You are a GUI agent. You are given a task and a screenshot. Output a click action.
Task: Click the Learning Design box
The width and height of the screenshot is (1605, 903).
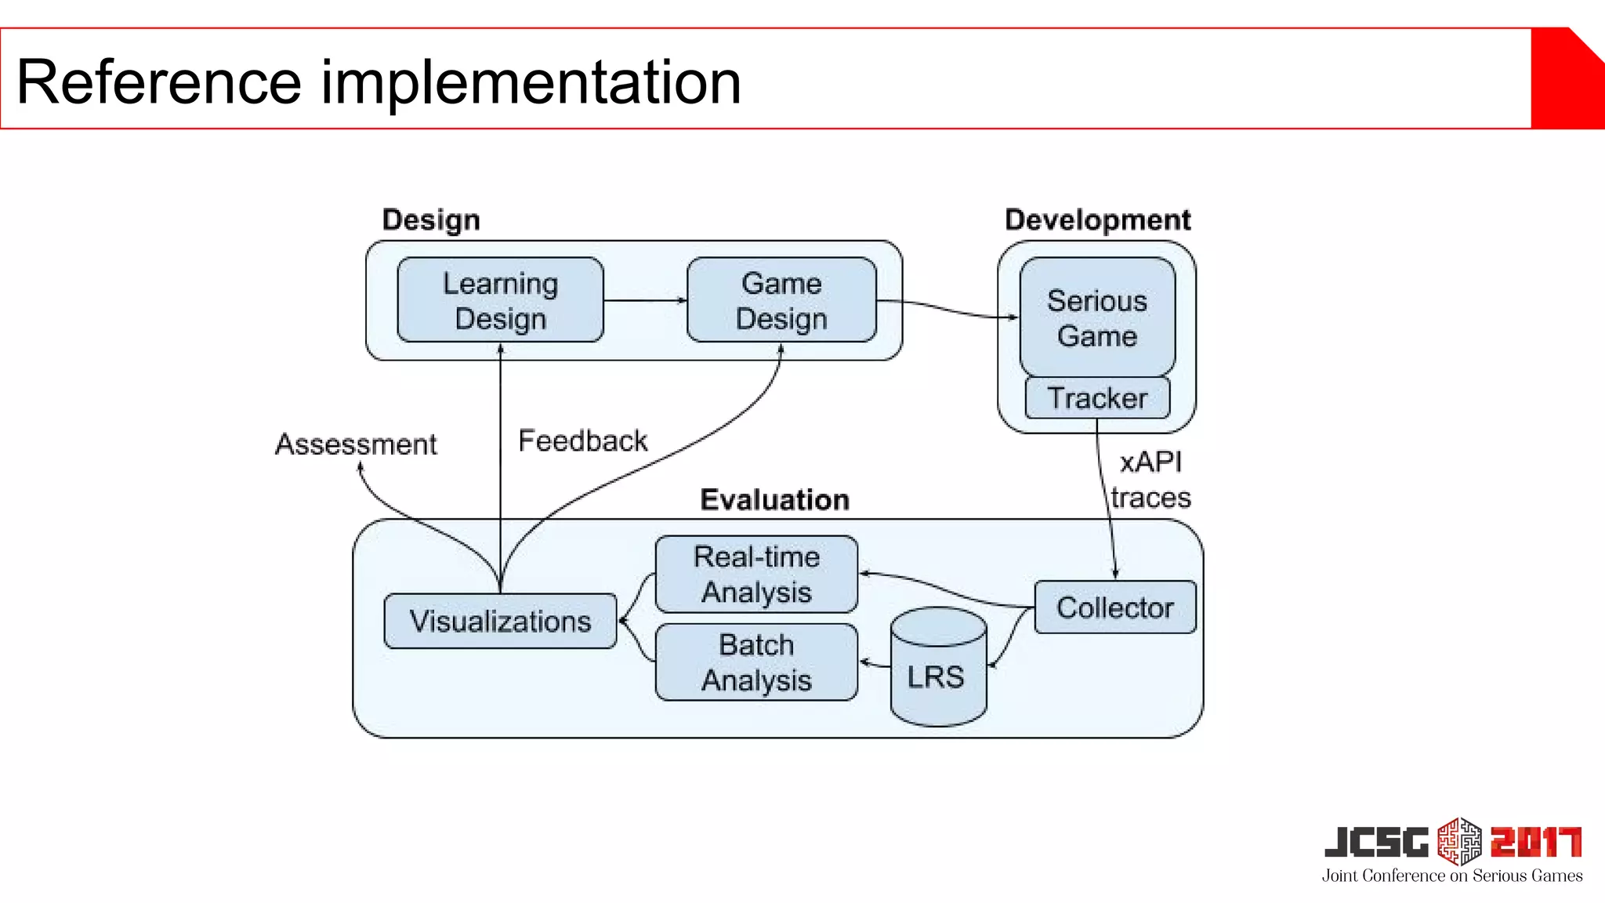coord(500,300)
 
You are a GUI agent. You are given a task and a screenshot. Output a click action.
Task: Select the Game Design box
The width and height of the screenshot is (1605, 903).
coord(781,300)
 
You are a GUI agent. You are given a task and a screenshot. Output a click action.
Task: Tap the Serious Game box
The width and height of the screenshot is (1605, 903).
coord(1097,317)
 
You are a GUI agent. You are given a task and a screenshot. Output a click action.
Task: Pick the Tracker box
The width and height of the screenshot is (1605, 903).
coord(1097,398)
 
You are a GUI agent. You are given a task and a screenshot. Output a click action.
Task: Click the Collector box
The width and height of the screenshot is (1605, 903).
coord(1114,607)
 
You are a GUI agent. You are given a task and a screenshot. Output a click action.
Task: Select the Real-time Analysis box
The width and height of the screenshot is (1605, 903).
coord(756,575)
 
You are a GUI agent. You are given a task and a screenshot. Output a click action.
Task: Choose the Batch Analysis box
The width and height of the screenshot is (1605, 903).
coord(756,662)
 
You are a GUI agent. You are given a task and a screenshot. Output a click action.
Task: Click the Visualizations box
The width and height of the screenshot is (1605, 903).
coord(500,621)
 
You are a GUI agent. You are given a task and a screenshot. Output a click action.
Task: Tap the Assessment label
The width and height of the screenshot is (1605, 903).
coord(356,444)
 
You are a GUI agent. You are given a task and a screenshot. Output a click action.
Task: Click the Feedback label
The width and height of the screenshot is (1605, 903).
coord(583,441)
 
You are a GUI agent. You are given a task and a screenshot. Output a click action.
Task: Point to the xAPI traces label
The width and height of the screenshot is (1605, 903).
coord(1150,480)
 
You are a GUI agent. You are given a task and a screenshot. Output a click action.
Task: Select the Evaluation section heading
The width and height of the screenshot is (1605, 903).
coord(774,499)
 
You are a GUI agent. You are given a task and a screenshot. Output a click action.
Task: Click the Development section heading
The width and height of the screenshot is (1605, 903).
coord(1097,219)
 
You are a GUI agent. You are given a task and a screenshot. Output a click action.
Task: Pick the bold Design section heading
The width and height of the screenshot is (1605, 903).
coord(431,220)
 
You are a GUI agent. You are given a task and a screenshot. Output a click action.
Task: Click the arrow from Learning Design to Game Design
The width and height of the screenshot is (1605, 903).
coord(644,300)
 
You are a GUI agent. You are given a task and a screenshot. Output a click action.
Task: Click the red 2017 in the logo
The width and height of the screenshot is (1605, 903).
coord(1536,843)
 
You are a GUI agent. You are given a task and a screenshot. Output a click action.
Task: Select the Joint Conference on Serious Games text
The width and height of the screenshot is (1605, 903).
coord(1452,876)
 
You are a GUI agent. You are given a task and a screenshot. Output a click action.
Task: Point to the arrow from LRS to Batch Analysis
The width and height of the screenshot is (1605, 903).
coord(875,664)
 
